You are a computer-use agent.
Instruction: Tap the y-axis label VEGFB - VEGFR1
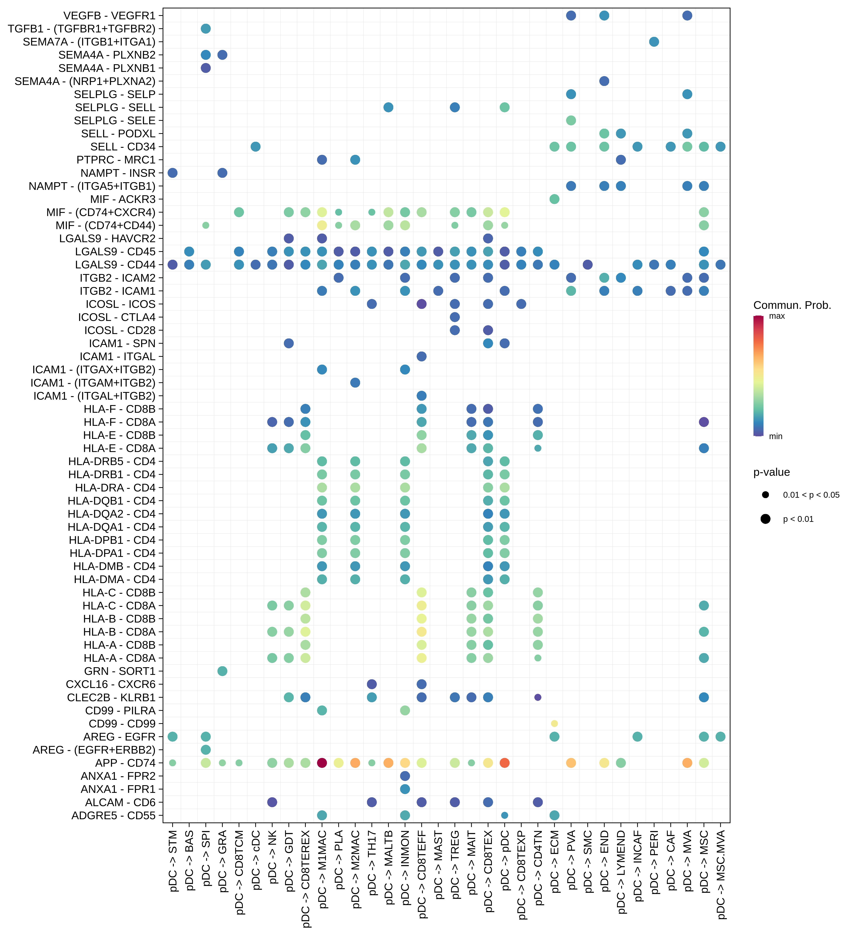point(109,16)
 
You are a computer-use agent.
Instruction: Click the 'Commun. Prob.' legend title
point(792,305)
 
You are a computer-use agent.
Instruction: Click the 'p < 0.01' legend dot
point(765,519)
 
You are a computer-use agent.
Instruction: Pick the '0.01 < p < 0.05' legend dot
point(765,495)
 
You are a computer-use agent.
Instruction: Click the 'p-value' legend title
point(772,472)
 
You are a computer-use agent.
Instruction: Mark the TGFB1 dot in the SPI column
point(206,29)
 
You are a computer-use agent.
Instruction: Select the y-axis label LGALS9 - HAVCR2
point(108,239)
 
